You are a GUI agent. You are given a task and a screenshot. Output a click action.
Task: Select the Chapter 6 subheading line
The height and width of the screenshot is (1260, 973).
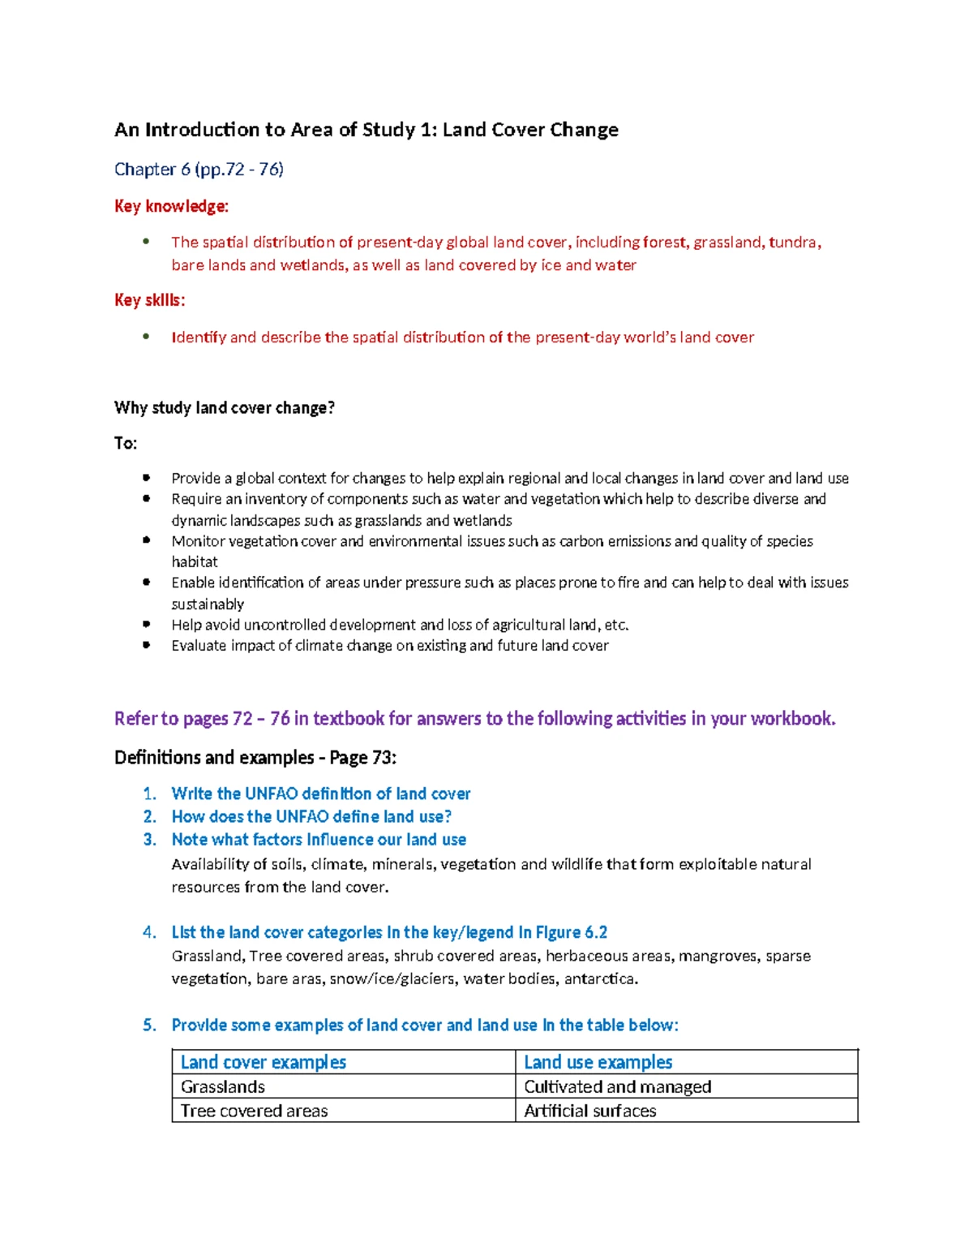pyautogui.click(x=199, y=169)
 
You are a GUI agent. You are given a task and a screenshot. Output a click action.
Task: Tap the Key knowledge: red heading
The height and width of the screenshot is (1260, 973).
pyautogui.click(x=171, y=206)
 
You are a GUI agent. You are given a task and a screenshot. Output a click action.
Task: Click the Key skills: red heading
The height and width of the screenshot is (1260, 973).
pyautogui.click(x=149, y=300)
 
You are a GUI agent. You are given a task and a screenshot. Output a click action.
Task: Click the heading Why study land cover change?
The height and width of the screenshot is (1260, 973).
pyautogui.click(x=225, y=407)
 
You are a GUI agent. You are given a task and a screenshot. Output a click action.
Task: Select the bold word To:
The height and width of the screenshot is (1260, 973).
pyautogui.click(x=126, y=443)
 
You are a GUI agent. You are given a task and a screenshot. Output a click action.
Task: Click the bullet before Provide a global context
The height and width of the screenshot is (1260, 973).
pyautogui.click(x=146, y=478)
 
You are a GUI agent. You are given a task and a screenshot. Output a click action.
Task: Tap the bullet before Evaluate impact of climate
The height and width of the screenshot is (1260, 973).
pyautogui.click(x=146, y=645)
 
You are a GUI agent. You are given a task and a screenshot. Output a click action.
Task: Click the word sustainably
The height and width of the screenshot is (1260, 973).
pyautogui.click(x=208, y=604)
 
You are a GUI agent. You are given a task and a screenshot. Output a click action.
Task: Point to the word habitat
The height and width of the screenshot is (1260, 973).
pyautogui.click(x=195, y=561)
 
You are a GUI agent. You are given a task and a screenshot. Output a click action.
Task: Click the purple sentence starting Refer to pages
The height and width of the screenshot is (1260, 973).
pyautogui.click(x=474, y=718)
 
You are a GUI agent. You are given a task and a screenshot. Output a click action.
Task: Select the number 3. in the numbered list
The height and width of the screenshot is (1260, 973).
pyautogui.click(x=150, y=840)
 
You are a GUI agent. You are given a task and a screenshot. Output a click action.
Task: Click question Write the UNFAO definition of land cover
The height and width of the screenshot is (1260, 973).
pyautogui.click(x=320, y=793)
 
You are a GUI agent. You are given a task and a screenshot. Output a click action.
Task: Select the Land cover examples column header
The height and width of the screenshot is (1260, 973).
pyautogui.click(x=264, y=1062)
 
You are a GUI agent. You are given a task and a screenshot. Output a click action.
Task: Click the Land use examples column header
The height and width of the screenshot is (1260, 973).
pyautogui.click(x=598, y=1062)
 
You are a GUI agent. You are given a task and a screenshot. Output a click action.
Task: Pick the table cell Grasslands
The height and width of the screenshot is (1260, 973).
pyautogui.click(x=223, y=1086)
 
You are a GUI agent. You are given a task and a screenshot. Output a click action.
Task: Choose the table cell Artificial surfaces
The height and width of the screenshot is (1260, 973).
pyautogui.click(x=589, y=1111)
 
